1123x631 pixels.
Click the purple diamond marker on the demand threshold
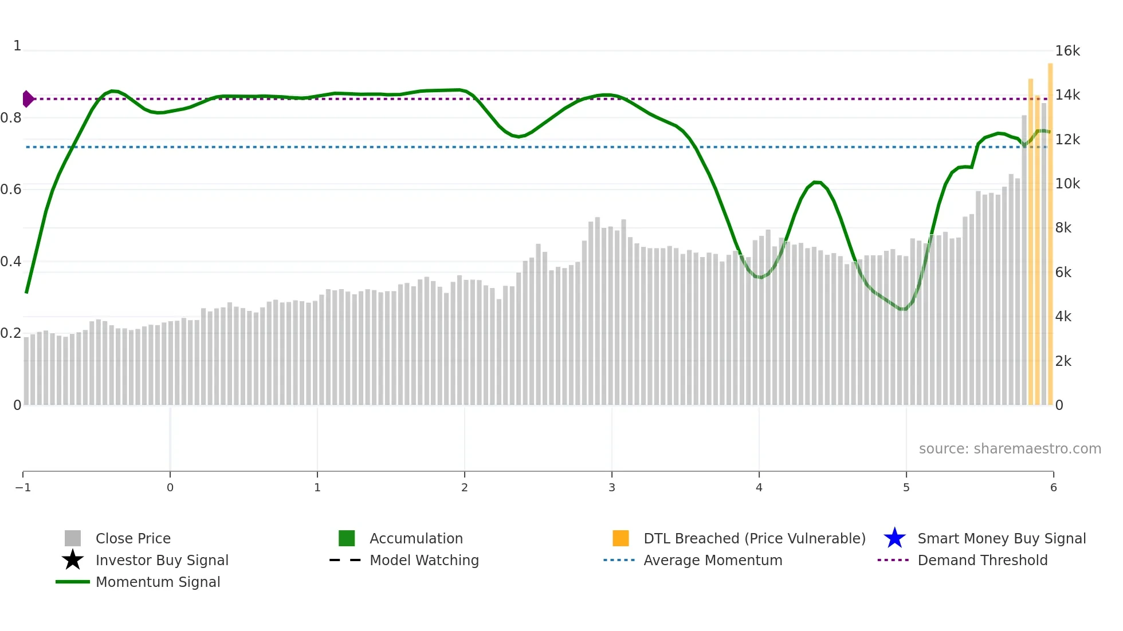(28, 99)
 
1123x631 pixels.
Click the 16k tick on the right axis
(1067, 51)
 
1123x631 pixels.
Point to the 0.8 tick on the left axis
(11, 118)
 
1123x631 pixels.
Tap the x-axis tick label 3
(611, 487)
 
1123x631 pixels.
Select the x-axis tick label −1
(23, 487)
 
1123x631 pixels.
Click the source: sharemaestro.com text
(1010, 448)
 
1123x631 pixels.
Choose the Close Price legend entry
(133, 538)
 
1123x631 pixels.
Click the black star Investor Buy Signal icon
(73, 560)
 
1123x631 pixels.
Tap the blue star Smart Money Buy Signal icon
(894, 538)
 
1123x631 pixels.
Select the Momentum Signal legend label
(158, 582)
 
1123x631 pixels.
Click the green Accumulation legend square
(347, 538)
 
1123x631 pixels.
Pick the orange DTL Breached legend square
(621, 538)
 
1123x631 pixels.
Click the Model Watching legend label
(424, 560)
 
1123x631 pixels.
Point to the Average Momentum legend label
(713, 560)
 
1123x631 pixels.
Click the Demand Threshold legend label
(982, 560)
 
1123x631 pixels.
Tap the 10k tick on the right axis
(1067, 184)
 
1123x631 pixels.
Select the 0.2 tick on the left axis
(11, 333)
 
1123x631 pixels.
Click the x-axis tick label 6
(1053, 487)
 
